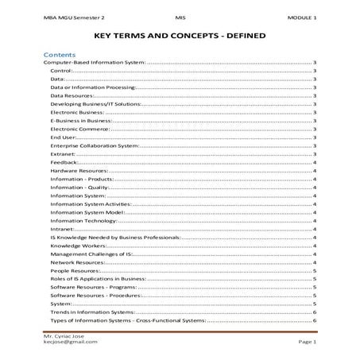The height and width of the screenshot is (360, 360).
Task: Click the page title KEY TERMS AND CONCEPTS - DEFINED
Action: [x=180, y=37]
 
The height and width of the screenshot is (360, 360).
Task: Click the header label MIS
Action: [x=180, y=17]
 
